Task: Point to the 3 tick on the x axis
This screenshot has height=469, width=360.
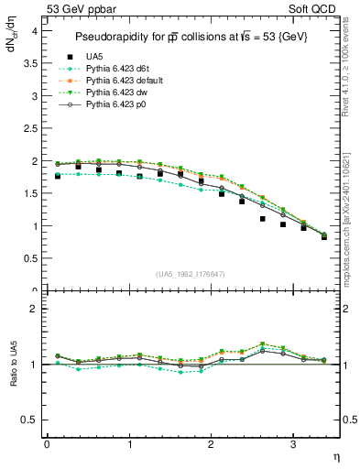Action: [x=292, y=445]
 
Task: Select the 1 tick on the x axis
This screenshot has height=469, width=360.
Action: [x=129, y=445]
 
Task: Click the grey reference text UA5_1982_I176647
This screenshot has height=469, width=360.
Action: [x=192, y=274]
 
